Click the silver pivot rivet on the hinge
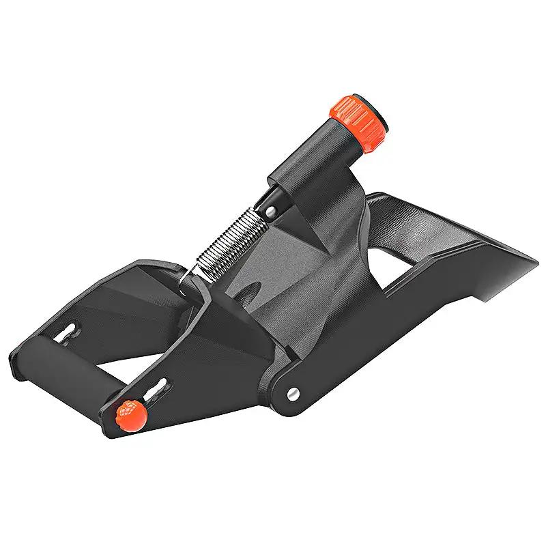click(293, 393)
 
